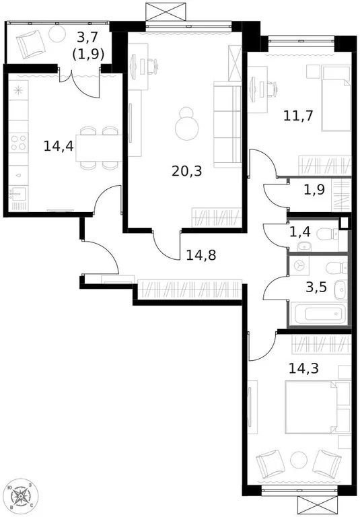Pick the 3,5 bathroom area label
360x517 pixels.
point(316,287)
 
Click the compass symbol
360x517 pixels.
point(22,497)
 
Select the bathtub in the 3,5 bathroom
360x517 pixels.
point(316,314)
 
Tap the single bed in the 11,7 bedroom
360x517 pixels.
point(335,98)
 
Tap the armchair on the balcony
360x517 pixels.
point(31,44)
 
